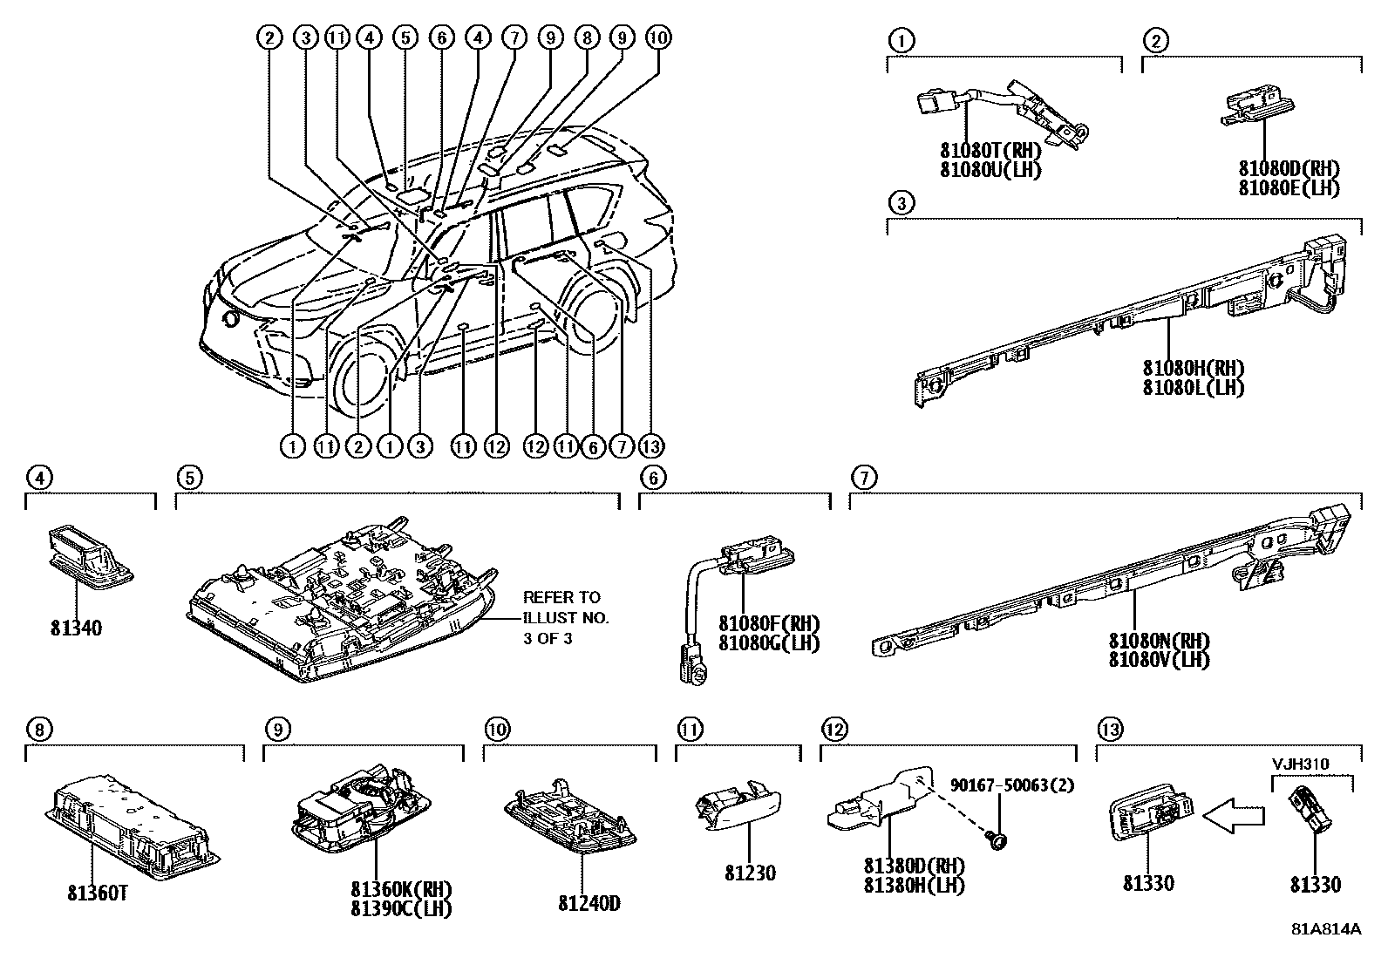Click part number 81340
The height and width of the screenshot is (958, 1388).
(78, 628)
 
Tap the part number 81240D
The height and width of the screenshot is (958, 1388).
(589, 903)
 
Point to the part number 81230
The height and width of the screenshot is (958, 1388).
(749, 873)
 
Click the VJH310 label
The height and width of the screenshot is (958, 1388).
(1299, 764)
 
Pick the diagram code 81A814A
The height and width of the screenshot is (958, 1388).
(1325, 928)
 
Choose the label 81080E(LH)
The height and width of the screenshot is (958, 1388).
(1289, 187)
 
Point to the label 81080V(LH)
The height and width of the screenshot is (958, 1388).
(1159, 660)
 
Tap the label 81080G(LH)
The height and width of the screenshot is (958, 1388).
(769, 643)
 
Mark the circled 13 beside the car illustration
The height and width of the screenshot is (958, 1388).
(650, 446)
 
